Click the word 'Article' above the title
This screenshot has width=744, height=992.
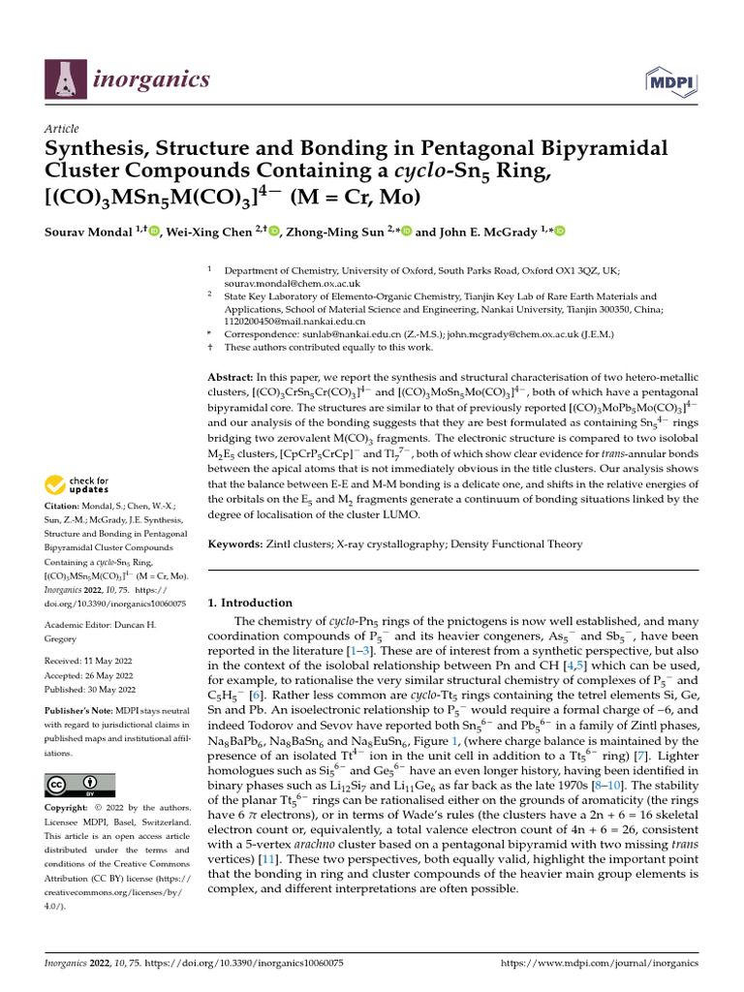pos(62,129)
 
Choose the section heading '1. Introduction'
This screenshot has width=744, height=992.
pos(251,603)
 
